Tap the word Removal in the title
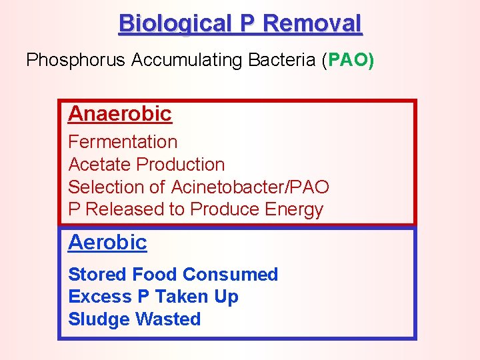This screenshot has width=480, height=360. [x=313, y=24]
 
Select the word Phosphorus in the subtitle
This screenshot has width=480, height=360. [x=76, y=61]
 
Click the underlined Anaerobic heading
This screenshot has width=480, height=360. [x=120, y=114]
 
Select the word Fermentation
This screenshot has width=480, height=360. [x=123, y=142]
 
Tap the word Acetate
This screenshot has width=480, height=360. [x=100, y=165]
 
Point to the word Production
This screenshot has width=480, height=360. [x=181, y=165]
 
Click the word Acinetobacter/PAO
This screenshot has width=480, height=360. [x=250, y=187]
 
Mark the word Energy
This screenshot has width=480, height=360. [x=294, y=209]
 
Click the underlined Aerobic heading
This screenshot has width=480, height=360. [x=107, y=242]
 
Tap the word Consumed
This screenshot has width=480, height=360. [x=230, y=275]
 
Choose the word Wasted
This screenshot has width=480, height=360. [x=167, y=319]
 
